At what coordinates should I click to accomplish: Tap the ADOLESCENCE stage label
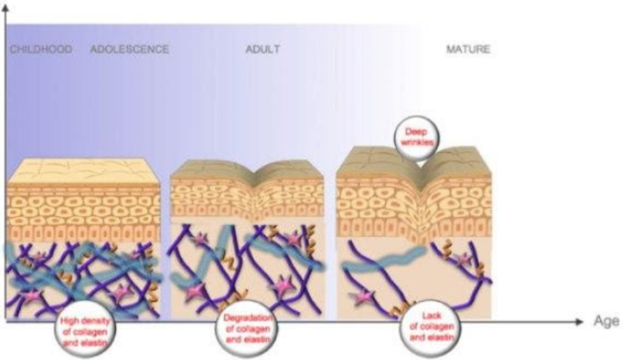[130, 49]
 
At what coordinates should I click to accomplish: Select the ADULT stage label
[262, 49]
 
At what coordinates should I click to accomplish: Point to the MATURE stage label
[468, 49]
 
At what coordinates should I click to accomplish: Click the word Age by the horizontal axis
[603, 322]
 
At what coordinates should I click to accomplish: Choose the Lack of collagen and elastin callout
[426, 327]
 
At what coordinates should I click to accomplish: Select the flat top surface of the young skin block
[82, 170]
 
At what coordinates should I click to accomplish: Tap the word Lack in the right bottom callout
[426, 318]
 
